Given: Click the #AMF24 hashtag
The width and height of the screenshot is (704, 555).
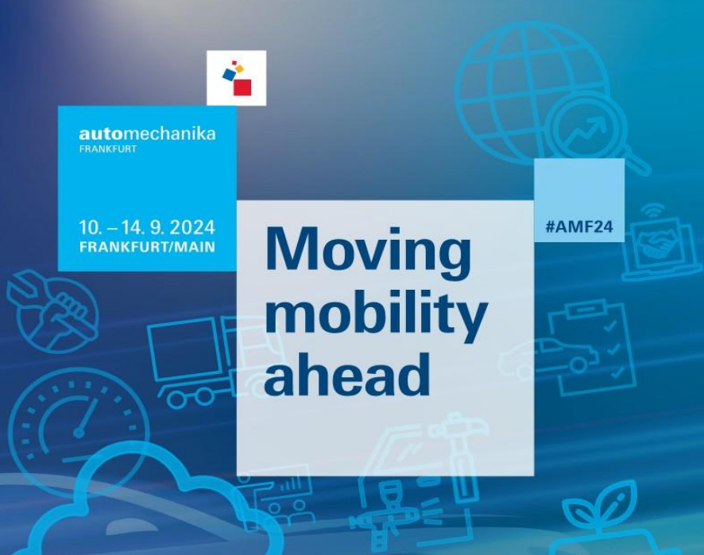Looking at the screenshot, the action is click(x=579, y=226).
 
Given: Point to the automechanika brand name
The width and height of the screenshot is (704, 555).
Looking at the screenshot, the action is click(x=147, y=134).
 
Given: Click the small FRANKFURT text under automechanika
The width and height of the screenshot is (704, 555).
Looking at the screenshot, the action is click(x=108, y=149).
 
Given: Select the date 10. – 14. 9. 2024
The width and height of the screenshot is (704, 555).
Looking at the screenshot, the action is click(x=147, y=227).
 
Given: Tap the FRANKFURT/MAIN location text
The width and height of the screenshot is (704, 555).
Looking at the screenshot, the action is click(x=147, y=247).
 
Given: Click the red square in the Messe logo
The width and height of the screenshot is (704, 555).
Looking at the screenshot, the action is click(x=242, y=87).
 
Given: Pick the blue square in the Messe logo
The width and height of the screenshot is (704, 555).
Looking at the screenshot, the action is click(x=229, y=74).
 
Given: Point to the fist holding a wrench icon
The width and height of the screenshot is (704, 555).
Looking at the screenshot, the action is click(x=53, y=310).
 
